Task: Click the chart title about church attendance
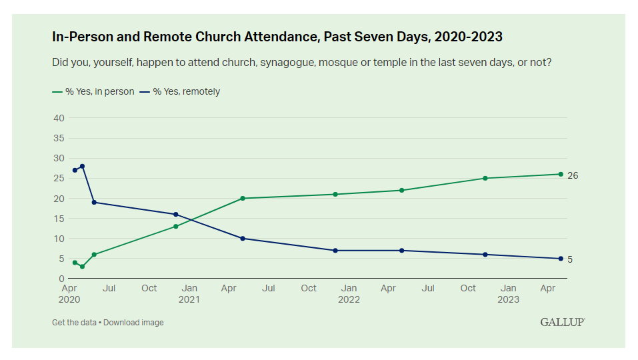(x=277, y=37)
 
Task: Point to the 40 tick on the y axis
(x=59, y=118)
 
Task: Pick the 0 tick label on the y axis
(x=61, y=279)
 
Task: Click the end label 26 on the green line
(x=573, y=175)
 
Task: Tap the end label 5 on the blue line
(x=570, y=259)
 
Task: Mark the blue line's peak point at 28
(x=82, y=166)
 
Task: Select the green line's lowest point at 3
(x=82, y=267)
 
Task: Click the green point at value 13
(x=176, y=227)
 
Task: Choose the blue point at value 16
(x=176, y=215)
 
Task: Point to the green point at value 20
(x=243, y=198)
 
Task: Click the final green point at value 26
(x=561, y=174)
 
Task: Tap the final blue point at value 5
(x=561, y=259)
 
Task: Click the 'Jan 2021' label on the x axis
(x=189, y=294)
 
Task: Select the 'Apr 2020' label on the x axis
(x=69, y=294)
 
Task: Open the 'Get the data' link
(x=74, y=323)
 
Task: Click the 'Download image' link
(x=133, y=323)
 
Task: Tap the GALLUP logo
(x=562, y=322)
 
